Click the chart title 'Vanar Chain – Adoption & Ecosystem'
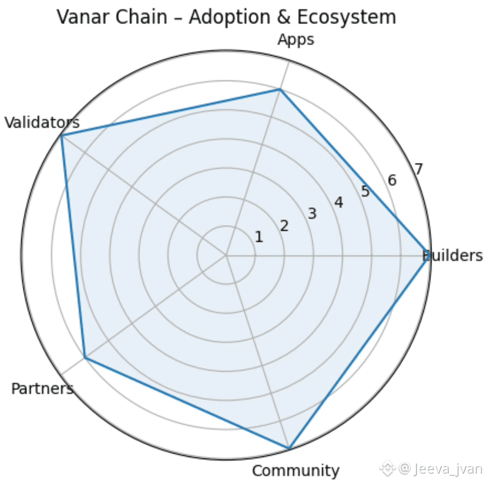point(226,17)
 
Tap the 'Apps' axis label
point(295,40)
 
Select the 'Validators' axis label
point(42,123)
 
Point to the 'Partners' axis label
point(42,389)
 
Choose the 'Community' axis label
point(295,471)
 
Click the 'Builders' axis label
point(452,256)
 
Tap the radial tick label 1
point(258,237)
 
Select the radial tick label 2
point(284,226)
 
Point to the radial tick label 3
point(312,214)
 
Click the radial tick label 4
point(338,202)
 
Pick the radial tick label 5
point(365,191)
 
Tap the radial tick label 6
point(392,180)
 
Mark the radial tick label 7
point(419,169)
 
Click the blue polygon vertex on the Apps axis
point(280,90)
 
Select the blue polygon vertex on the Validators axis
point(62,136)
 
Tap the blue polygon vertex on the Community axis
point(288,448)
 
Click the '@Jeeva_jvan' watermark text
point(441,468)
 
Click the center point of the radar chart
point(226,256)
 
